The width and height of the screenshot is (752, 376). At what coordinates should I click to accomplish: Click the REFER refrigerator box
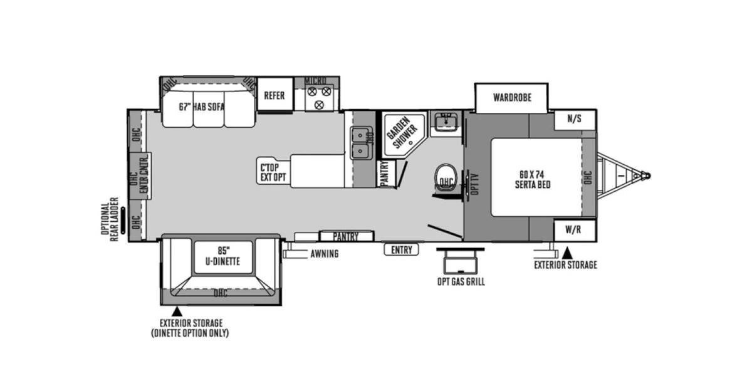[274, 95]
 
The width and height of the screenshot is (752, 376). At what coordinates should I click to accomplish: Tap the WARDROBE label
[511, 98]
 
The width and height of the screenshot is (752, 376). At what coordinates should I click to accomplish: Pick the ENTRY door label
[401, 250]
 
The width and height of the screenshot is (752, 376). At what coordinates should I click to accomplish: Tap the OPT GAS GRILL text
[461, 281]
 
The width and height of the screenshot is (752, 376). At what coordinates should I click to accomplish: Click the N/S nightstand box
[574, 119]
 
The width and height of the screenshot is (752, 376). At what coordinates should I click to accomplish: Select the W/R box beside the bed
[573, 229]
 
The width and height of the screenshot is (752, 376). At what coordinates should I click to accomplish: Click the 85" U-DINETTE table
[222, 258]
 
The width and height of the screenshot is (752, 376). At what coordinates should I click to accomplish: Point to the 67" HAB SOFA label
[201, 107]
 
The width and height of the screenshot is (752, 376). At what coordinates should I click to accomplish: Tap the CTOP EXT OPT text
[273, 172]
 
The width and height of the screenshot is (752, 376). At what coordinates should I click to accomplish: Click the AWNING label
[324, 254]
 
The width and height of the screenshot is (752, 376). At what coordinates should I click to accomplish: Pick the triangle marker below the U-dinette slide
[177, 311]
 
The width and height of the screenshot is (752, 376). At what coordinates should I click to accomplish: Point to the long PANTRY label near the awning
[345, 236]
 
